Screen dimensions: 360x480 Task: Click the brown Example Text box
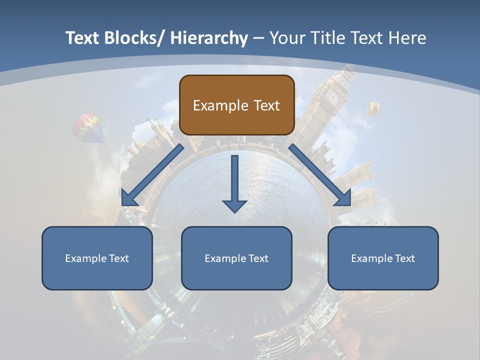(236, 105)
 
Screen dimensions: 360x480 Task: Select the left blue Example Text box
(97, 258)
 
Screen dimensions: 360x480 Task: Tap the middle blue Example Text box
(236, 258)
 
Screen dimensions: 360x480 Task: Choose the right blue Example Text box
(383, 258)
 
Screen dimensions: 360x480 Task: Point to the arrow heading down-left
(152, 175)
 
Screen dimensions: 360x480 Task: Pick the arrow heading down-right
(320, 175)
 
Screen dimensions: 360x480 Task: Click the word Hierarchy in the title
(209, 38)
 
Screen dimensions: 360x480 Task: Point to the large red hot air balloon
(88, 127)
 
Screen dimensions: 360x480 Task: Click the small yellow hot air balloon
(373, 107)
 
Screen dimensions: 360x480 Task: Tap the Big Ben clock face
(333, 96)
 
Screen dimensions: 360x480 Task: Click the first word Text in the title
(83, 38)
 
